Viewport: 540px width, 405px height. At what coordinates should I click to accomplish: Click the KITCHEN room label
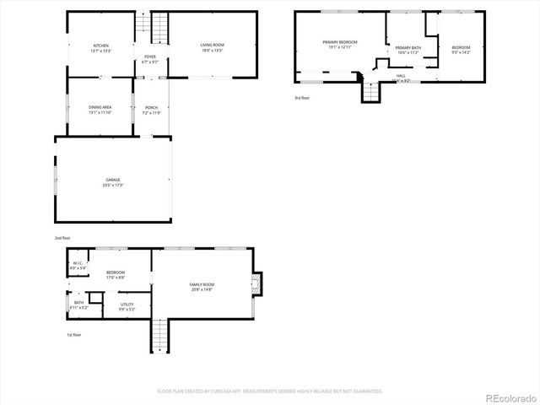101,47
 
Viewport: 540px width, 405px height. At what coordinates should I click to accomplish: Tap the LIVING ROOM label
212,47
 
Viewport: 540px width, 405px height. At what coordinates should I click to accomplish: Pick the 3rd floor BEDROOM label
461,49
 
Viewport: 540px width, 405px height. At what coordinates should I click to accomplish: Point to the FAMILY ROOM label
202,287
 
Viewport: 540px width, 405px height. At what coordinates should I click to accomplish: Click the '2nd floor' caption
62,239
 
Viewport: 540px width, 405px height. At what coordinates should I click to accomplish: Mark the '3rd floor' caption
302,98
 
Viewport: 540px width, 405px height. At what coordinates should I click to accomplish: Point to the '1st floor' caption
74,335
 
